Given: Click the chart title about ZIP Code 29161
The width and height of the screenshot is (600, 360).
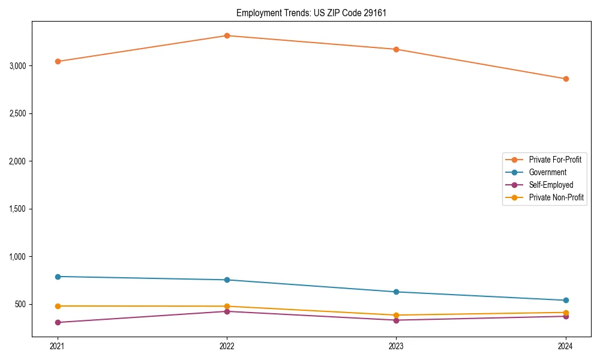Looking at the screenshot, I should (307, 13).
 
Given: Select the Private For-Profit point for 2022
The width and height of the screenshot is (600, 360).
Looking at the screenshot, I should (227, 35).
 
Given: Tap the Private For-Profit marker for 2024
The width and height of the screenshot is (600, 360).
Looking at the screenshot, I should (566, 79).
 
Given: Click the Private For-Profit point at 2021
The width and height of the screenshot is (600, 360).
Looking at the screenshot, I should (58, 61).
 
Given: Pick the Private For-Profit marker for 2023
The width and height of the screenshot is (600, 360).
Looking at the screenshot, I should (396, 49).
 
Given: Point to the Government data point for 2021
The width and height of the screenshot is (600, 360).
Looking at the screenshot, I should (58, 277).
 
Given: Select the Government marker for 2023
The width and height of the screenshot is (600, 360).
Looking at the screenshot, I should (396, 292).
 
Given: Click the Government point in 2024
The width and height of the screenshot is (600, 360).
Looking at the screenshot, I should (566, 300).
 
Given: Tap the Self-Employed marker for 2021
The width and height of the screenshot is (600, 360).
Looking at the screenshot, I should (58, 322).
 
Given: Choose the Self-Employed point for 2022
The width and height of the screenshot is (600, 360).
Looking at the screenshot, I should (227, 311).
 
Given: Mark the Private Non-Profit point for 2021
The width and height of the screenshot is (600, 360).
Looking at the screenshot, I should (58, 306).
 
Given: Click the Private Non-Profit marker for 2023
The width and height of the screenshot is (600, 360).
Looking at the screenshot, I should (396, 315).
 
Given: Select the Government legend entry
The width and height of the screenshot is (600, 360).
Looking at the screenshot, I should (547, 172).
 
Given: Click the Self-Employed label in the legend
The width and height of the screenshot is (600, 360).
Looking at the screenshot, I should (551, 185).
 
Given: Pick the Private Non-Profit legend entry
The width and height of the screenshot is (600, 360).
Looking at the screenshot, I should (556, 197).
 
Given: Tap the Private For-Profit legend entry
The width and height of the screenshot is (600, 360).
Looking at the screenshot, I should (555, 160).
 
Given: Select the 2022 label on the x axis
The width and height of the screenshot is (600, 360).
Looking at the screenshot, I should (227, 346).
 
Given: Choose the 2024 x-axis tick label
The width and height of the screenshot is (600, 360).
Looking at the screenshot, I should (566, 346).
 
